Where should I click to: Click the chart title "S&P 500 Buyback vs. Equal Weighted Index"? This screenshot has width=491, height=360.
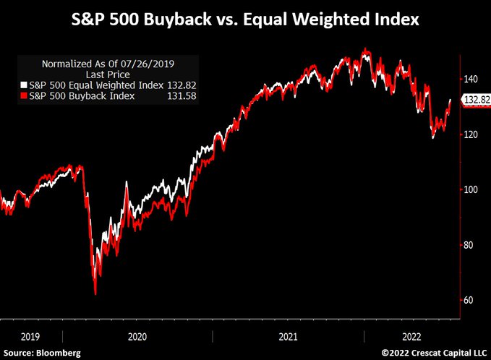pyautogui.click(x=245, y=18)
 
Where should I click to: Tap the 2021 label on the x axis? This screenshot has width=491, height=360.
pyautogui.click(x=287, y=336)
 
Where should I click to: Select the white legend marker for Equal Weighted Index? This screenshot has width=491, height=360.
pyautogui.click(x=24, y=84)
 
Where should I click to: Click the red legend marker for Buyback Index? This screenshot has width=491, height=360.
pyautogui.click(x=24, y=95)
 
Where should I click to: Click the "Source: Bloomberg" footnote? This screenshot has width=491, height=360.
pyautogui.click(x=41, y=353)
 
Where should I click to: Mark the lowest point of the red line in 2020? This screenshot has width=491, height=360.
pyautogui.click(x=95, y=294)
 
